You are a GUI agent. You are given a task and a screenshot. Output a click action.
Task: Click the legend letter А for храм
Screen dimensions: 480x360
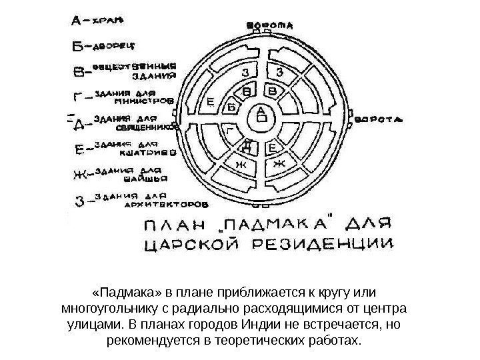76,21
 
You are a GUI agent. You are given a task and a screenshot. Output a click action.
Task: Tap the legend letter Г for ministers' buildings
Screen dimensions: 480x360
78,98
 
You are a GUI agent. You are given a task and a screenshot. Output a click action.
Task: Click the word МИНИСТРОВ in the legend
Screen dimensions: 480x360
144,102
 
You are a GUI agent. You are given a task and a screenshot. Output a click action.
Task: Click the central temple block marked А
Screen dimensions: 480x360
261,117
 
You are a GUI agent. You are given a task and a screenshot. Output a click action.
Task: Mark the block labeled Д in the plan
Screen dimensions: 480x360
247,145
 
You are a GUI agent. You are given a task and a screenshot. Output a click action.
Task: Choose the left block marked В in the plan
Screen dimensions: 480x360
247,90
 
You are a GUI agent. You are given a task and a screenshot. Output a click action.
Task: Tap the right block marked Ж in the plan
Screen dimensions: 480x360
279,163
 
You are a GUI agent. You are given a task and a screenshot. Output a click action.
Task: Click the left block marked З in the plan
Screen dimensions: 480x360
246,71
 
